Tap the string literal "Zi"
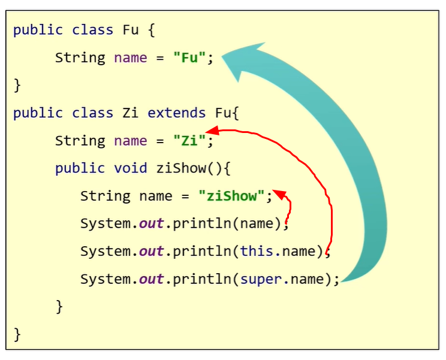click(189, 141)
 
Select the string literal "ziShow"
click(232, 196)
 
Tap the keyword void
click(130, 168)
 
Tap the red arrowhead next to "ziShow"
click(281, 193)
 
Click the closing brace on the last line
click(17, 333)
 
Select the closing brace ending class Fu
click(17, 85)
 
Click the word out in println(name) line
click(152, 223)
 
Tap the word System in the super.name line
click(106, 279)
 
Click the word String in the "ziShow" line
click(106, 196)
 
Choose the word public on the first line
click(38, 30)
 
